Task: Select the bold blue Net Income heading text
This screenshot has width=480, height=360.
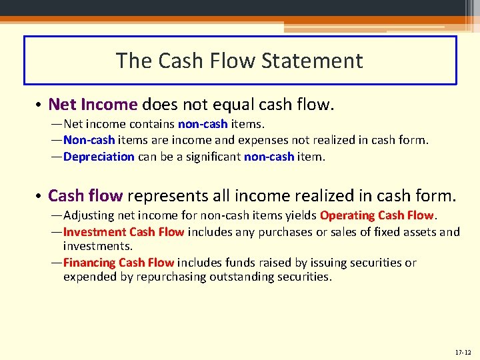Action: [93, 105]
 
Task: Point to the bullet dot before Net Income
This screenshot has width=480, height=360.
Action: [40, 105]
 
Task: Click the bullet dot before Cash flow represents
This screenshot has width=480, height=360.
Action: [40, 197]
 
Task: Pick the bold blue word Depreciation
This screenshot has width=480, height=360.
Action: [99, 157]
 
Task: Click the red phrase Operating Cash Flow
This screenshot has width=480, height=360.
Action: [377, 215]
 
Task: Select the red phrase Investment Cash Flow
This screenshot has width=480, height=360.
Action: [123, 232]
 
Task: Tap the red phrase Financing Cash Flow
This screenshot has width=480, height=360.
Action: [119, 263]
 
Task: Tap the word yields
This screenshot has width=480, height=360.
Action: [301, 215]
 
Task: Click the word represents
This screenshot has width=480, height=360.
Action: [167, 196]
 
